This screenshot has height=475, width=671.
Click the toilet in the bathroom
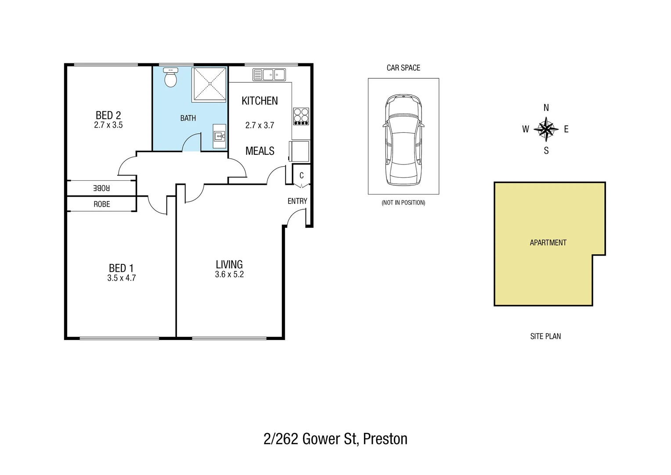(x=170, y=78)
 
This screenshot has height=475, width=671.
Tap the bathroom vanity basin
(x=219, y=135)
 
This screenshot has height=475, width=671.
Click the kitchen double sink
(x=269, y=75)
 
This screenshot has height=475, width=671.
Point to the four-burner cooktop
(x=301, y=116)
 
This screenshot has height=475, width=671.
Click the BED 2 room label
(x=108, y=115)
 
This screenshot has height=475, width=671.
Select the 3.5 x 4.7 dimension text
(x=122, y=278)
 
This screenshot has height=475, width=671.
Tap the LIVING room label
(x=229, y=264)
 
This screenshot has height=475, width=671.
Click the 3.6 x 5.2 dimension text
(x=229, y=274)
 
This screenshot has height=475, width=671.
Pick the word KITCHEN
(x=260, y=101)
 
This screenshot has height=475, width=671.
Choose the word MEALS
(x=260, y=151)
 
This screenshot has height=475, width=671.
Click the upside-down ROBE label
(x=101, y=188)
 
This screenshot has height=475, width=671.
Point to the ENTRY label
(x=297, y=201)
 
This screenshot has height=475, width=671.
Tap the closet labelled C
(x=302, y=175)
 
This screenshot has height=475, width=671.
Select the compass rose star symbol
(x=546, y=129)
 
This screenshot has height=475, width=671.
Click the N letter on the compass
(x=546, y=108)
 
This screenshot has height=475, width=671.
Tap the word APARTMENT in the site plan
(x=548, y=242)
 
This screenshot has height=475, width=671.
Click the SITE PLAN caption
(x=545, y=336)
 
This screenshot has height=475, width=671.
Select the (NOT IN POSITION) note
(x=403, y=203)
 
